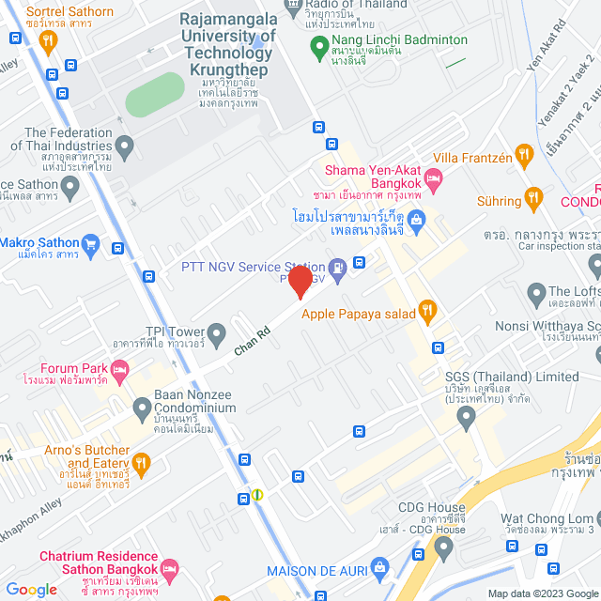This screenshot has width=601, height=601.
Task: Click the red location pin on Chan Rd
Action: [x=300, y=282]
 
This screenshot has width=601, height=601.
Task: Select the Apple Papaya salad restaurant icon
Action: [x=426, y=309]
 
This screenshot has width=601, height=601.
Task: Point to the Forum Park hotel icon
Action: [x=119, y=374]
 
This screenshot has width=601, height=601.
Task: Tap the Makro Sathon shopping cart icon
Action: [x=90, y=246]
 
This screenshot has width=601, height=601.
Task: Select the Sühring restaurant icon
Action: [x=533, y=197]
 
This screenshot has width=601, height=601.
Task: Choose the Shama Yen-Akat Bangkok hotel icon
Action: [x=433, y=177]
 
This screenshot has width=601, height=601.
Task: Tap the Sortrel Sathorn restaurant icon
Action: [x=49, y=39]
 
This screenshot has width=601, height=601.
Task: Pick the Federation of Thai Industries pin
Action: [x=124, y=146]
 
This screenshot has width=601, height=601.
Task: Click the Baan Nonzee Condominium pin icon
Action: [x=142, y=407]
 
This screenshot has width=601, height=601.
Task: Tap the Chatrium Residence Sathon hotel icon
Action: [x=169, y=569]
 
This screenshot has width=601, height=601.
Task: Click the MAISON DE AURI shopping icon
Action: [x=379, y=566]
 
